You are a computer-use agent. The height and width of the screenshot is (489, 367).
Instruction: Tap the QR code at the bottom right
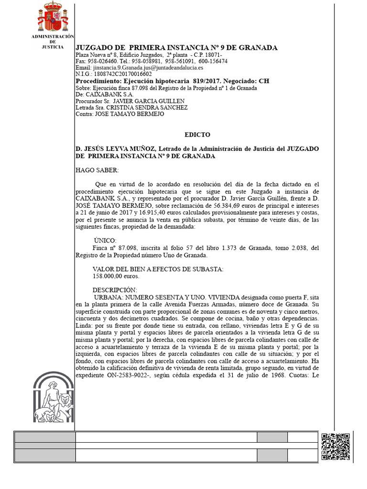pos(336,446)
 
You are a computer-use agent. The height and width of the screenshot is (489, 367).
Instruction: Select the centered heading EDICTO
pos(197,135)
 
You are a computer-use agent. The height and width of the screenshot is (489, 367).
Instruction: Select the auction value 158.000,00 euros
pos(116,276)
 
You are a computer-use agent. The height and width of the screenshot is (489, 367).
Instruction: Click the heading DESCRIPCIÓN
pos(115,290)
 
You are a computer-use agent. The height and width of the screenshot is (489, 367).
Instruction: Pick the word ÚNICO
pos(105,240)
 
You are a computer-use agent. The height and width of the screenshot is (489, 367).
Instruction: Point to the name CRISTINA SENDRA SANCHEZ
pos(146,108)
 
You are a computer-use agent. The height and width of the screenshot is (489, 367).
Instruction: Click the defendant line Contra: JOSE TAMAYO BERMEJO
pos(120,115)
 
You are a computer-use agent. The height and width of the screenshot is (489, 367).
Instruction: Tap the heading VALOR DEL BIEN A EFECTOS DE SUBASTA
pos(158,269)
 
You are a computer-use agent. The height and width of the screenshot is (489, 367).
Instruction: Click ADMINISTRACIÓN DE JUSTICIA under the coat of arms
pos(52,42)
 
